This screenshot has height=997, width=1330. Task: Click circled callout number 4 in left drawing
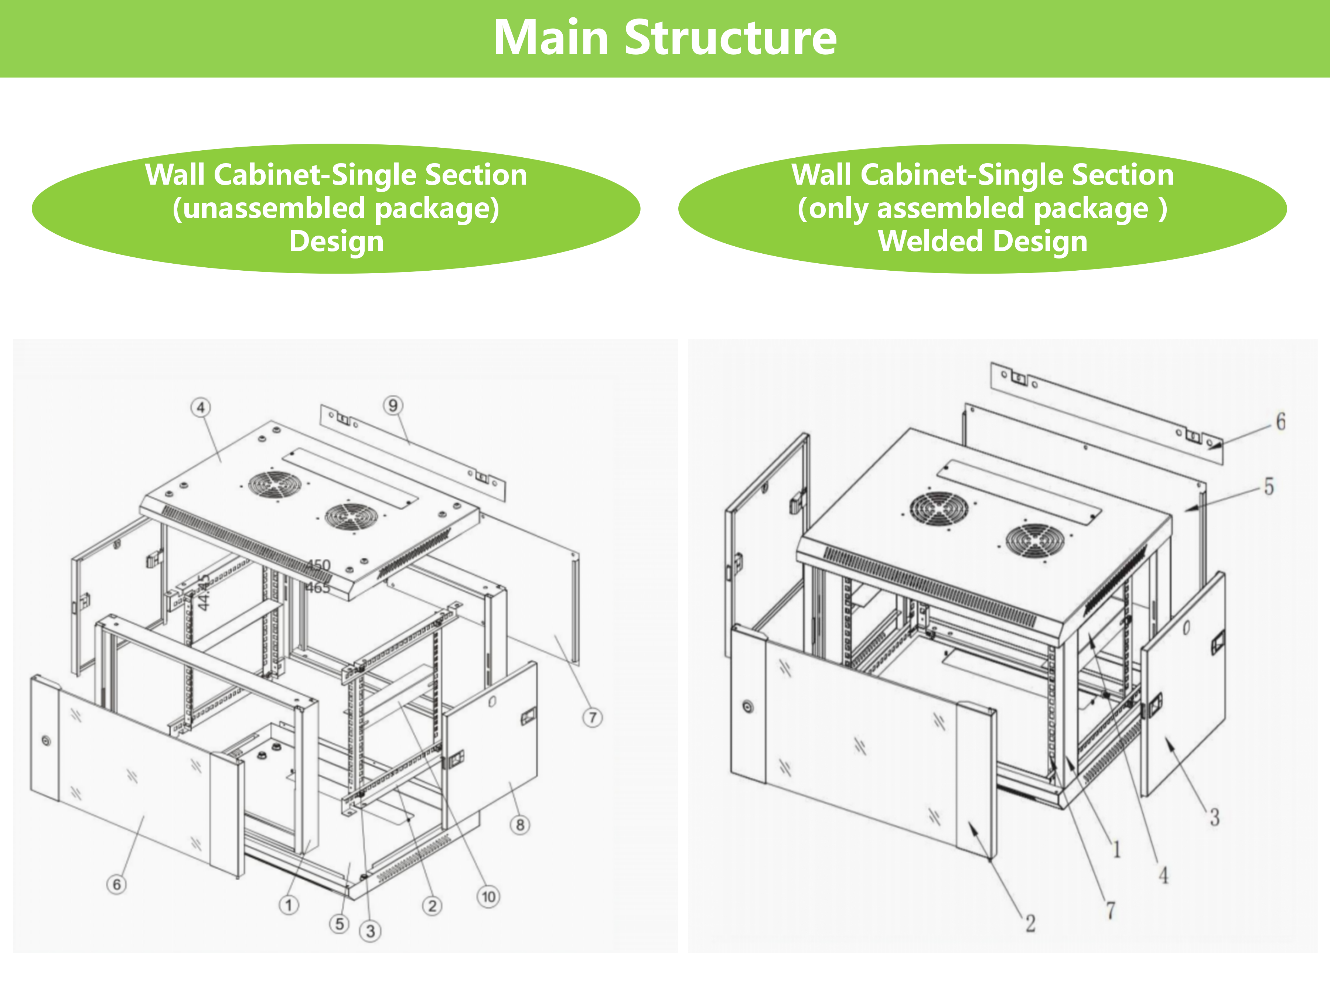[201, 407]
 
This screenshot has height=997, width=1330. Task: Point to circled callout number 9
[393, 405]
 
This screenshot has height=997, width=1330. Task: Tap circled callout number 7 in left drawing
[592, 717]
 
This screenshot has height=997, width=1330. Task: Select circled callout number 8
[520, 825]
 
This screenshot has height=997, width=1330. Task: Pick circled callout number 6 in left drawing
[117, 884]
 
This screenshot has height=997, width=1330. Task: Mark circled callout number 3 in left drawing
[371, 931]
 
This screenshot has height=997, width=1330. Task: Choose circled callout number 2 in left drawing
[432, 906]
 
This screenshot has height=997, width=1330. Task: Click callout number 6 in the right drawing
[1281, 421]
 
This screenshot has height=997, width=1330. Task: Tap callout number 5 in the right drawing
[1269, 486]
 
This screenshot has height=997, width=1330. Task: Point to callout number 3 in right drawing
[1215, 817]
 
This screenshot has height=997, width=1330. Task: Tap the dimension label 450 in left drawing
[319, 565]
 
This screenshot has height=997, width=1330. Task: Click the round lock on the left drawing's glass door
[46, 740]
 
